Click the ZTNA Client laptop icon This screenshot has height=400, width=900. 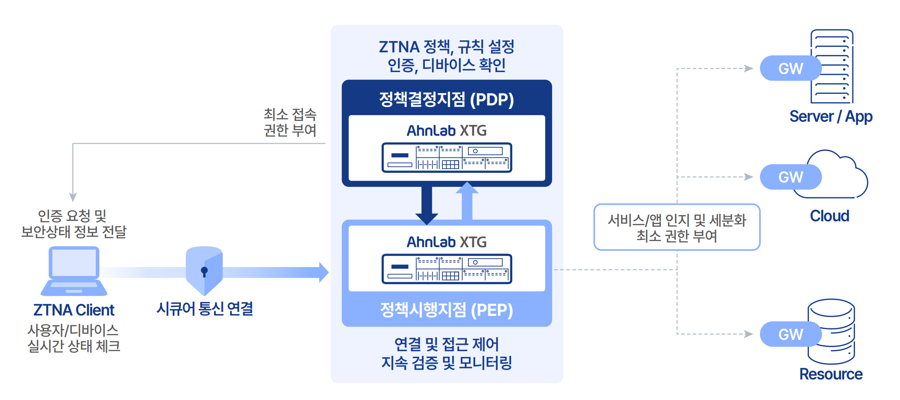point(74,271)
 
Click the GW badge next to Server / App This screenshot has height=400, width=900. point(790,69)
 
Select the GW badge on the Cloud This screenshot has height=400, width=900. point(790,177)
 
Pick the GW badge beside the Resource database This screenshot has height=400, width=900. point(790,334)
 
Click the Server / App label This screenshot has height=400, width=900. point(831,117)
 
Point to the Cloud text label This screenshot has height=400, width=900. point(829,216)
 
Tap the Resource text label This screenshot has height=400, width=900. point(831,374)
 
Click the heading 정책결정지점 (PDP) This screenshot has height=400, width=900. point(446,99)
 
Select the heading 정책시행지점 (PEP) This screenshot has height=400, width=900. point(446,310)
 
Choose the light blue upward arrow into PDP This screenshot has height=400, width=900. point(467,202)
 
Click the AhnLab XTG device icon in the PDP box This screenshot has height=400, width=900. point(447,158)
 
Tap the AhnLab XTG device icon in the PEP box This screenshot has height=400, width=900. point(447,269)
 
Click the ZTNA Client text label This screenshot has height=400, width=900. point(74,310)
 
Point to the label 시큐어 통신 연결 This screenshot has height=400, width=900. point(205,309)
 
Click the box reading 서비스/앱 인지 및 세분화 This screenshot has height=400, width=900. point(677,228)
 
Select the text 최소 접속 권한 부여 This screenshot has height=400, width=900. point(290,122)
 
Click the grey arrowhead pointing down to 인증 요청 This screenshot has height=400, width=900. point(73,197)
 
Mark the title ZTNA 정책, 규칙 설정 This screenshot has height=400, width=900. point(446,47)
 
